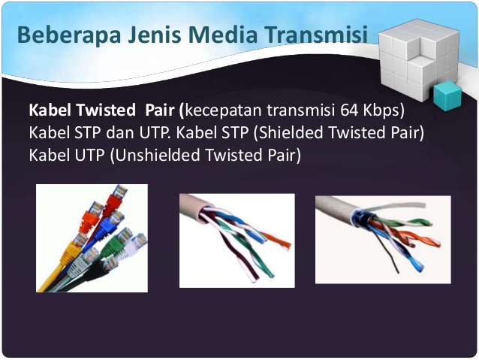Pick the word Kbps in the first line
click(x=383, y=110)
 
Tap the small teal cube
click(x=447, y=95)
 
